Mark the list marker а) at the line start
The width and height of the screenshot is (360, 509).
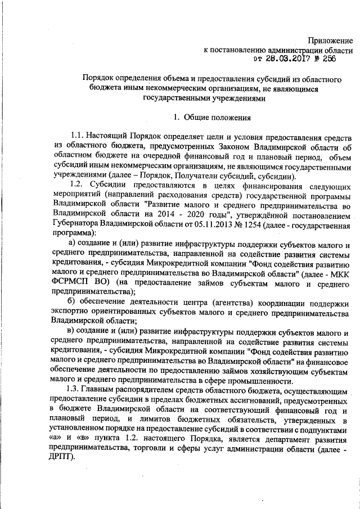click(71, 245)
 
